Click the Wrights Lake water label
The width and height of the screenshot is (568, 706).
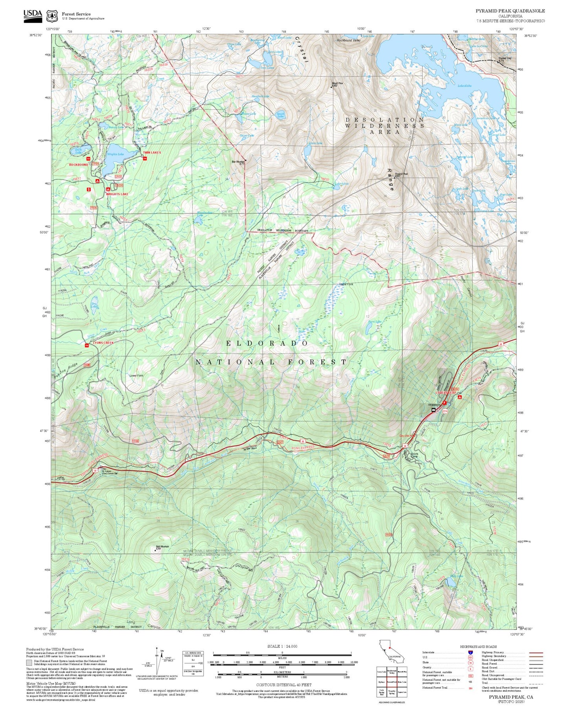tap(115, 154)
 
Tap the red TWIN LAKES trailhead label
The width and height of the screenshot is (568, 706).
tap(152, 152)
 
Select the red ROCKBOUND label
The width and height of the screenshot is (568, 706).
tap(79, 164)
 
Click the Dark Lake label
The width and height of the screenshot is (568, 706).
tap(78, 150)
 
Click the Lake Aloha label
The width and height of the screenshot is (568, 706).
tap(464, 86)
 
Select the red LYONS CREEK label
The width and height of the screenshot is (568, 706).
tap(103, 343)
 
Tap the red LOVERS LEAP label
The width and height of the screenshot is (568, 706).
tap(446, 393)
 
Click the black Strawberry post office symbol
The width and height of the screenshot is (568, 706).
tap(434, 410)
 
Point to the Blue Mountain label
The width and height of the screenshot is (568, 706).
tap(238, 162)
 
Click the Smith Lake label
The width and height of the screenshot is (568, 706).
tap(281, 115)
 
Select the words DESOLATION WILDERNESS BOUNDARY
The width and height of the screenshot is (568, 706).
tap(283, 230)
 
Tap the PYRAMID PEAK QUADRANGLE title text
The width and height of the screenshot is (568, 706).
tap(510, 11)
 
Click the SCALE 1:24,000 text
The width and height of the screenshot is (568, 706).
tap(282, 646)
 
